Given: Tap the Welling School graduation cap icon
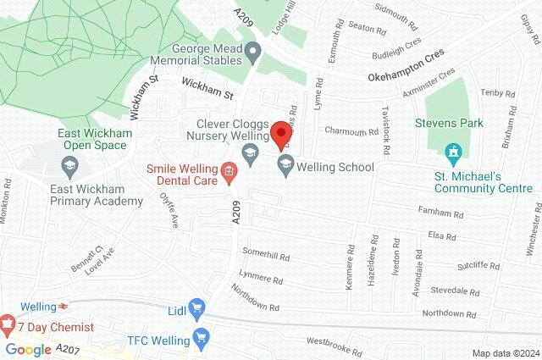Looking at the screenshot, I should [x=285, y=168].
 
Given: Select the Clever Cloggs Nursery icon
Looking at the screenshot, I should [x=250, y=153].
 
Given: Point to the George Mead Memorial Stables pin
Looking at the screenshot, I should [x=252, y=54].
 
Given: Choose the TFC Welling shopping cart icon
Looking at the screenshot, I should [x=201, y=340].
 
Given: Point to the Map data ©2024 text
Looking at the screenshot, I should [x=504, y=353].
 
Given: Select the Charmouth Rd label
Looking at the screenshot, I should [x=351, y=132].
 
